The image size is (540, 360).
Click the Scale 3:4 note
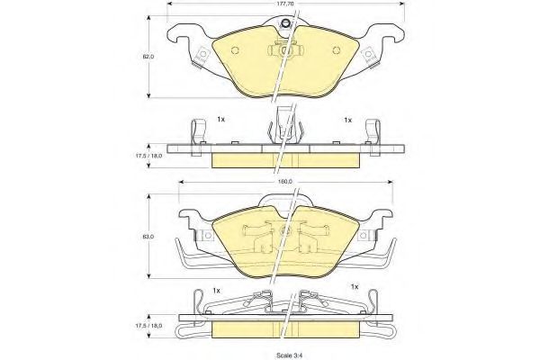pos(286,355)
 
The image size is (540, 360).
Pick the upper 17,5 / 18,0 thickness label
pos(148,156)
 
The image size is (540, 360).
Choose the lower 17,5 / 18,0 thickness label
pos(148,325)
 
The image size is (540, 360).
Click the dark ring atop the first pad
pos(284,23)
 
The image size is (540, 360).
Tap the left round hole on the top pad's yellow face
pos(236,50)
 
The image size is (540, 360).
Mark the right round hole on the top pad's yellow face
pos(337,50)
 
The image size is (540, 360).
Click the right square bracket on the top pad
pos(369,55)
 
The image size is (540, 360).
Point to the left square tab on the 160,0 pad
pos(207,235)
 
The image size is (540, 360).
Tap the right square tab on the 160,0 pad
pos(364,235)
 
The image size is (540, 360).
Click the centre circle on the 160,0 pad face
pos(285,230)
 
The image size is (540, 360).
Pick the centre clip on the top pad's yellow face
pos(285,50)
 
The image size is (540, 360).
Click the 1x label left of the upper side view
pos(220,120)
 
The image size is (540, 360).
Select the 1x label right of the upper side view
pos(347,120)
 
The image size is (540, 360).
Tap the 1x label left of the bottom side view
pos(216,291)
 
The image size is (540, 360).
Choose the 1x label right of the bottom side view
pos(355,286)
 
